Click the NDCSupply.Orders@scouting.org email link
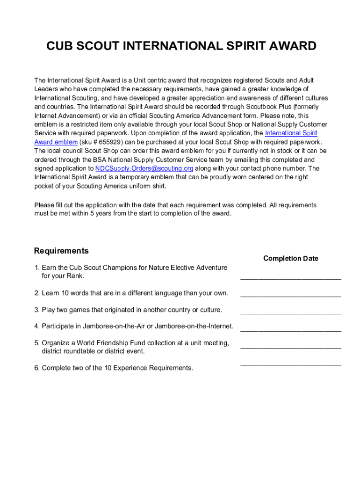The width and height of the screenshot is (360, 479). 144,168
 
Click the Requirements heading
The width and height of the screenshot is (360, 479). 61,251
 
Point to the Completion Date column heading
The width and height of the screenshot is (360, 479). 290,258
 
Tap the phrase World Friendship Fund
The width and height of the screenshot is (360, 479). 106,343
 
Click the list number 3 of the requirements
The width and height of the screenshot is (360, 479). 36,310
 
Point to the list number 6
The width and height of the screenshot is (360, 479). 36,368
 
